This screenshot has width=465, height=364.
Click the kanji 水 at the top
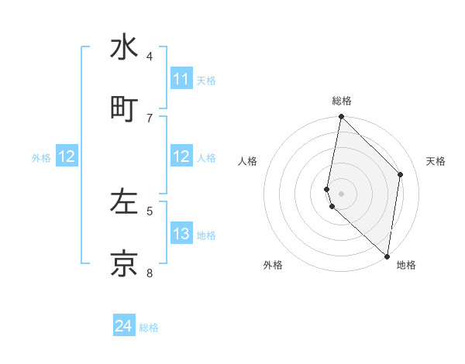click(x=124, y=47)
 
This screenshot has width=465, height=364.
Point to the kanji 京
click(x=124, y=263)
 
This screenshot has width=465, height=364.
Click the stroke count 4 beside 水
click(x=150, y=56)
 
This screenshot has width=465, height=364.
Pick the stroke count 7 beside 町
click(x=150, y=118)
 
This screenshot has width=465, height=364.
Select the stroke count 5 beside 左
click(x=150, y=210)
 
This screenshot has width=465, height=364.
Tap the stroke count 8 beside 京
click(x=150, y=272)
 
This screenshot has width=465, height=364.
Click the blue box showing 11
click(x=181, y=79)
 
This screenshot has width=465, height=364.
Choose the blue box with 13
click(x=181, y=234)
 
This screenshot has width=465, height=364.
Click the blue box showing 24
click(x=124, y=327)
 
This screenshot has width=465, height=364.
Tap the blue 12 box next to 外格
click(x=67, y=156)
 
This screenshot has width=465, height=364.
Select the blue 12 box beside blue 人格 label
click(x=181, y=156)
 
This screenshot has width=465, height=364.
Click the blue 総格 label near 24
click(x=149, y=328)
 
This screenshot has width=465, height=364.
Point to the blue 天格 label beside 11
click(x=206, y=80)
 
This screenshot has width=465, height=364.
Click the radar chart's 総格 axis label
click(x=342, y=101)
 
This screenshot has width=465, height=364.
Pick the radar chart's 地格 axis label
click(x=406, y=265)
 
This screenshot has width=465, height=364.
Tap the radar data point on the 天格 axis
click(x=401, y=174)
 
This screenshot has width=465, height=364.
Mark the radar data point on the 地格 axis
click(x=387, y=256)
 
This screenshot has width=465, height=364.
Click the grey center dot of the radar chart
click(x=342, y=194)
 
